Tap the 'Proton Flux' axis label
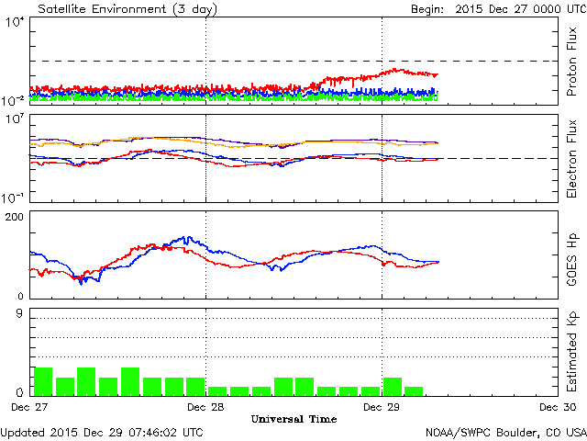(571, 62)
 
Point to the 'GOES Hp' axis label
(571, 254)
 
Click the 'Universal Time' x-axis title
(293, 419)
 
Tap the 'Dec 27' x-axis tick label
(28, 406)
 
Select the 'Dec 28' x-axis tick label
(205, 406)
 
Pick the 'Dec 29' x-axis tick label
(382, 406)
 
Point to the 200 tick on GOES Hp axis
(16, 216)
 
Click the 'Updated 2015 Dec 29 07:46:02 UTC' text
(102, 432)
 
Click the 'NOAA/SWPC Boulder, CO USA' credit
(505, 432)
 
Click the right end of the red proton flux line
(437, 74)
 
